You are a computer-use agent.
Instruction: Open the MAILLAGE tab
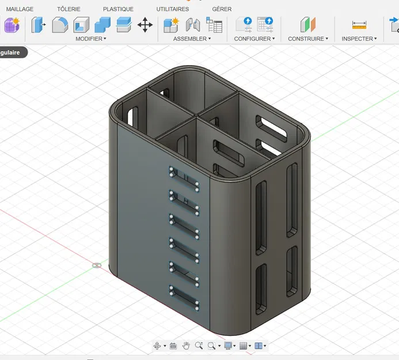pyautogui.click(x=20, y=9)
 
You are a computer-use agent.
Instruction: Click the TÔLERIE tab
pyautogui.click(x=69, y=9)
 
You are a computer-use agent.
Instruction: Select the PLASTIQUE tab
pyautogui.click(x=118, y=9)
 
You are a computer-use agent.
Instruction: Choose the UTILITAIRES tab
pyautogui.click(x=173, y=9)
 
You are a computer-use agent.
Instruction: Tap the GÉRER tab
pyautogui.click(x=222, y=9)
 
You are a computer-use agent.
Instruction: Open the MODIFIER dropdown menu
pyautogui.click(x=91, y=39)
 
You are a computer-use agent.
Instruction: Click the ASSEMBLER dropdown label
pyautogui.click(x=192, y=39)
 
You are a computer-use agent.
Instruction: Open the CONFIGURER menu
pyautogui.click(x=254, y=39)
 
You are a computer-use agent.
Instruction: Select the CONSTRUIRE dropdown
pyautogui.click(x=308, y=39)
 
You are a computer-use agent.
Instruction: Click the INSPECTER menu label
pyautogui.click(x=359, y=39)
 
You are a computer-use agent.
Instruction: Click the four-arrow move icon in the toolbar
pyautogui.click(x=145, y=25)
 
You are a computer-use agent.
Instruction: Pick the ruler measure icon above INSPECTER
pyautogui.click(x=359, y=25)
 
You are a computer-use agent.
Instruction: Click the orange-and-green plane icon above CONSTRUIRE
pyautogui.click(x=308, y=25)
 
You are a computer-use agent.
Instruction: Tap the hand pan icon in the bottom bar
pyautogui.click(x=186, y=346)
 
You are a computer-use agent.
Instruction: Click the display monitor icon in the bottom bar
pyautogui.click(x=228, y=346)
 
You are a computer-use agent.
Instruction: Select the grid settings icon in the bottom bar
pyautogui.click(x=243, y=346)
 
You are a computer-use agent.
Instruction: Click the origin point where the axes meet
pyautogui.click(x=97, y=266)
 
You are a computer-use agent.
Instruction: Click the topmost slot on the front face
pyautogui.click(x=184, y=177)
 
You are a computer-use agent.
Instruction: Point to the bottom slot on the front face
pyautogui.click(x=184, y=297)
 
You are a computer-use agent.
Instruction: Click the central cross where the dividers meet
pyautogui.click(x=196, y=118)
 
